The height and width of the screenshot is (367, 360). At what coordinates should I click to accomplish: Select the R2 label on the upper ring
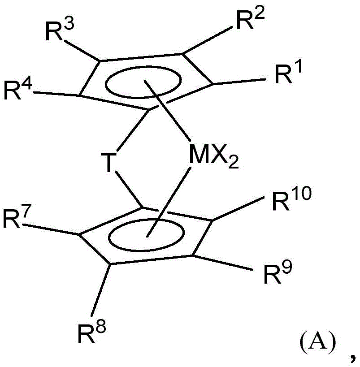point(251,19)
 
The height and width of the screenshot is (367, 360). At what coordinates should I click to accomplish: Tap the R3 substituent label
point(60,30)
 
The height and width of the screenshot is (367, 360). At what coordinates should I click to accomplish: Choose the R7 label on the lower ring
point(17,217)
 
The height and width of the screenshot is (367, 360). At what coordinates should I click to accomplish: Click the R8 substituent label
point(92,332)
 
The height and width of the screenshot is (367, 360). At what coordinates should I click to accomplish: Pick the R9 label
point(278,273)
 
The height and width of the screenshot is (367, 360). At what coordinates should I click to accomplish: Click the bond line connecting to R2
point(207,40)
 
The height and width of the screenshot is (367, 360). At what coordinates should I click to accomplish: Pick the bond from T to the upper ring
point(133,130)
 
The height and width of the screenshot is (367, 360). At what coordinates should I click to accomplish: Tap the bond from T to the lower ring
point(129,190)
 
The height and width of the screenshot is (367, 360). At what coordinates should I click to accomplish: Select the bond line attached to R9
point(222,263)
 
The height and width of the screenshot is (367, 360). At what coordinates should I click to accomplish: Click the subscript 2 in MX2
point(233,162)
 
